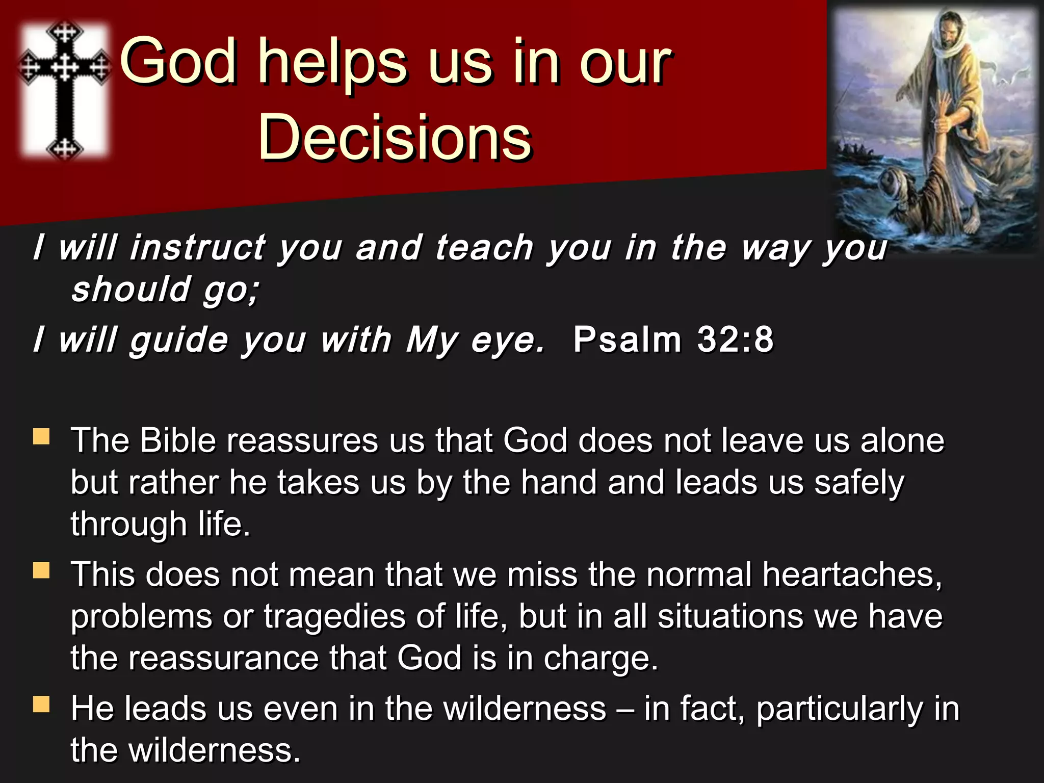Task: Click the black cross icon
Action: [65, 89]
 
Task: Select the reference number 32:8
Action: [735, 339]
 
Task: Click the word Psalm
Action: [627, 339]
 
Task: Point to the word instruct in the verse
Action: [197, 248]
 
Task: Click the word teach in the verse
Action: [484, 248]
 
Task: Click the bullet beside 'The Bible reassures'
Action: [41, 437]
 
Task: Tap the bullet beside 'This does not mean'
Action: [41, 570]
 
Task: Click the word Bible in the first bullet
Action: [178, 440]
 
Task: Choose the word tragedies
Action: [334, 617]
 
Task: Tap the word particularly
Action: [839, 709]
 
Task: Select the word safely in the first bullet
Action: [859, 483]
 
